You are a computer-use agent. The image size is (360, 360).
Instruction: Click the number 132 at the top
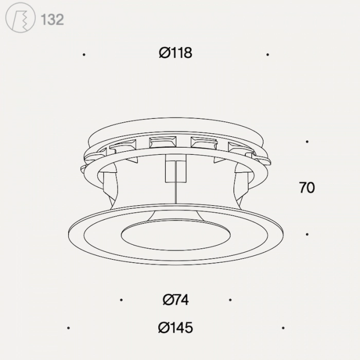coord(52,20)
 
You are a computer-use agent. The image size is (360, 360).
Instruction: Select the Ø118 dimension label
coord(175,53)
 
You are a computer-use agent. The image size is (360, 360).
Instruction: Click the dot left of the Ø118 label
coord(84,55)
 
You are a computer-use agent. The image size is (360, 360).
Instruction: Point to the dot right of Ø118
coord(267,55)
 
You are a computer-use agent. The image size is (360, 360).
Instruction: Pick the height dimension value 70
coord(307,188)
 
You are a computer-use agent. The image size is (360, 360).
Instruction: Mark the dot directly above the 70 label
coord(307,141)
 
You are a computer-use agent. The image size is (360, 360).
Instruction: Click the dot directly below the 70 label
coord(307,234)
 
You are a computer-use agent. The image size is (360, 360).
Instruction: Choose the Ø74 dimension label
coord(175,299)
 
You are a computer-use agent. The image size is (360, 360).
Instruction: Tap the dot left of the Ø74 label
coord(121,300)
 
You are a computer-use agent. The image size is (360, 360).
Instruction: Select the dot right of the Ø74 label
coord(230,300)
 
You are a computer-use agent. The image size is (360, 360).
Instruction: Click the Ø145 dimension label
coord(175,328)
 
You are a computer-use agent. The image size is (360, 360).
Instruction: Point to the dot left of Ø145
coord(68,328)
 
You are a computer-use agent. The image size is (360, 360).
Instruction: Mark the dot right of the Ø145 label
coord(283,328)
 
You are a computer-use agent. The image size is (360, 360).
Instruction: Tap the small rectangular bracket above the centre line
coord(175,170)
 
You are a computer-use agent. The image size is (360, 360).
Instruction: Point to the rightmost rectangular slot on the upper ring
coord(241,148)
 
